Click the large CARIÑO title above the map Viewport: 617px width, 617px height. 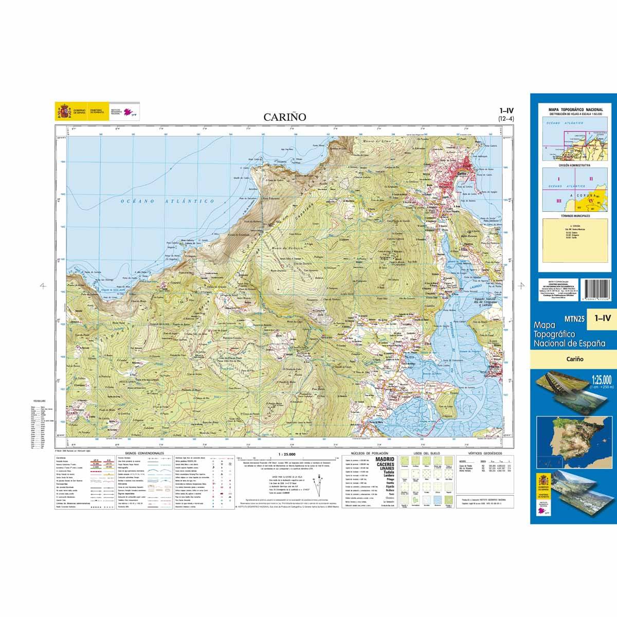(285, 117)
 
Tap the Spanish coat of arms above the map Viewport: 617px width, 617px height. (64, 111)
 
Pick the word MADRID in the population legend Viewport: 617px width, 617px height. (385, 459)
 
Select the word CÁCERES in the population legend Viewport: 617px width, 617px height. (385, 465)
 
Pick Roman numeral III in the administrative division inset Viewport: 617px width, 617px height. (558, 202)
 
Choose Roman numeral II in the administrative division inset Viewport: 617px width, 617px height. (591, 178)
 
